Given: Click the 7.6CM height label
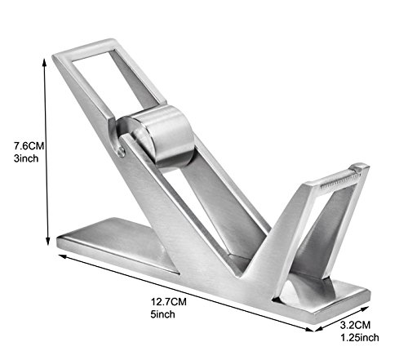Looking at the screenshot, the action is [x=29, y=146].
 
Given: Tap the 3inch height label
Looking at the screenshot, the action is [x=26, y=158].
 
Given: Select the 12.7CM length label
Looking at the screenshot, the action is [x=169, y=302].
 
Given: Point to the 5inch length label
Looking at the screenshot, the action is [x=162, y=314].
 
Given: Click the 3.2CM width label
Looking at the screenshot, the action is [x=355, y=325].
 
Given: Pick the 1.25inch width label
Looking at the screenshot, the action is [x=360, y=337].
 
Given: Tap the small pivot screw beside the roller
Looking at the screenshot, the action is [x=122, y=152].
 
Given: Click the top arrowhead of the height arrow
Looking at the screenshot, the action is [x=44, y=62].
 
